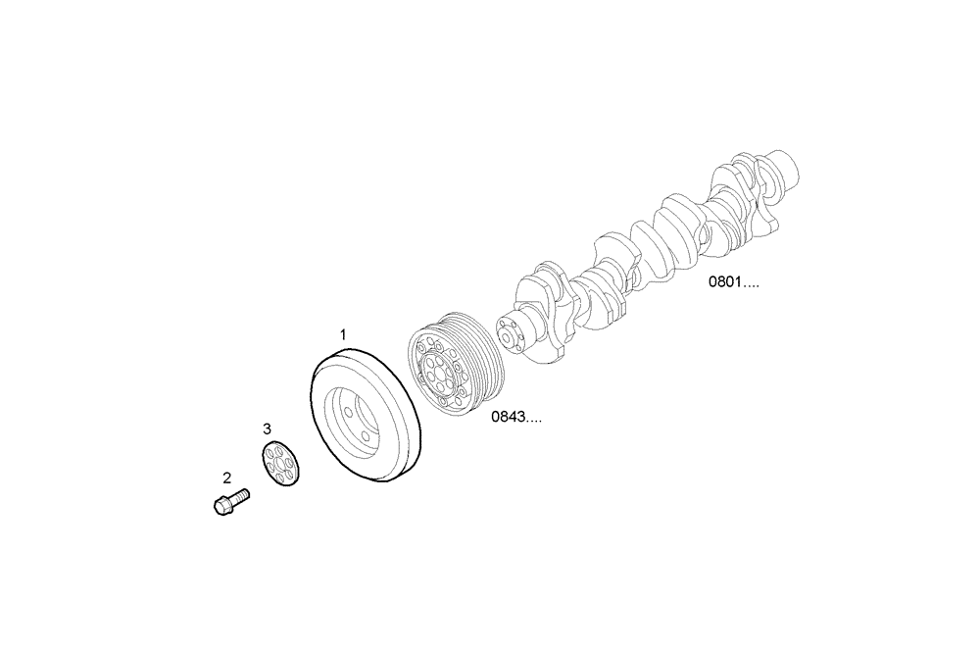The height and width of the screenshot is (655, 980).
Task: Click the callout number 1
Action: [343, 335]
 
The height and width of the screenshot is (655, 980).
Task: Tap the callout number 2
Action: [227, 479]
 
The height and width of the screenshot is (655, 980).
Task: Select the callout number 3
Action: [267, 428]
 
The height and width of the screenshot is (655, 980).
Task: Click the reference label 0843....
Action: [516, 417]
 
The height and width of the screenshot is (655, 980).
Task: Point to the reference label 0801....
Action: [734, 282]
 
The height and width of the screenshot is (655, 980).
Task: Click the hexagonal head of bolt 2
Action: [220, 507]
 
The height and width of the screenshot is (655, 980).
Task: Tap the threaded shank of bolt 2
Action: [239, 498]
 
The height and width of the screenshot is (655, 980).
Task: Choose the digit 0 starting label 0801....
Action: [714, 282]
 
